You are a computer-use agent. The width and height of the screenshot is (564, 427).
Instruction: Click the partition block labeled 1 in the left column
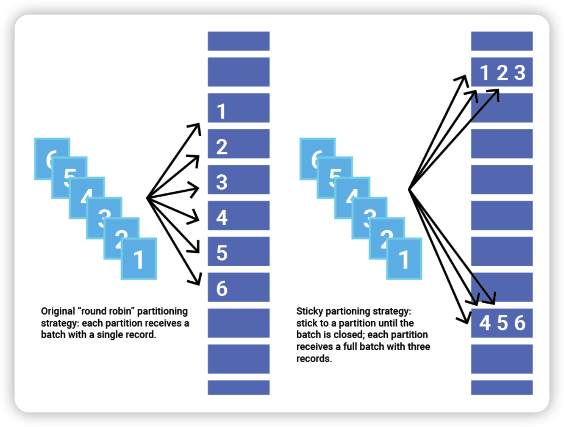click(238, 108)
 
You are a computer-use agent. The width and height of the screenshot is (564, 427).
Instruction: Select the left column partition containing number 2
click(238, 144)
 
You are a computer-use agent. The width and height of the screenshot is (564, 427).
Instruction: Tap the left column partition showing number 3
click(238, 180)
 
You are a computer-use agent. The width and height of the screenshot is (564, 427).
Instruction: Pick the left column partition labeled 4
click(238, 216)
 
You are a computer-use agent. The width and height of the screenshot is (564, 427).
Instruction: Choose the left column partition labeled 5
click(238, 251)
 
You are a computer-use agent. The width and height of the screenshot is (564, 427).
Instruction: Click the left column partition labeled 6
click(238, 287)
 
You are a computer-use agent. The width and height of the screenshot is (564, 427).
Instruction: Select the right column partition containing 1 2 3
click(502, 72)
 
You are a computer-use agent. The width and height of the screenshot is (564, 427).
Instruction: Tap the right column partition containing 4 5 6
click(502, 323)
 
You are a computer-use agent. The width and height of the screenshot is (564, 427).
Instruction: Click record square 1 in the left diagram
click(139, 259)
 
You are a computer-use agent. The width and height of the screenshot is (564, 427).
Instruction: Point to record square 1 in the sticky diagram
click(404, 259)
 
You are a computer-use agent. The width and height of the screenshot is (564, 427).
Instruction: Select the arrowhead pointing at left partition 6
click(197, 280)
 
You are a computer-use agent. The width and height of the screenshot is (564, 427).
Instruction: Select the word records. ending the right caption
click(314, 359)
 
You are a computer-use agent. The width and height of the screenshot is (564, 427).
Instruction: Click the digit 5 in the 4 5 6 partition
click(502, 323)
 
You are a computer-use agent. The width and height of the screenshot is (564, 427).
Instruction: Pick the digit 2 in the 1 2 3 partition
click(502, 73)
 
